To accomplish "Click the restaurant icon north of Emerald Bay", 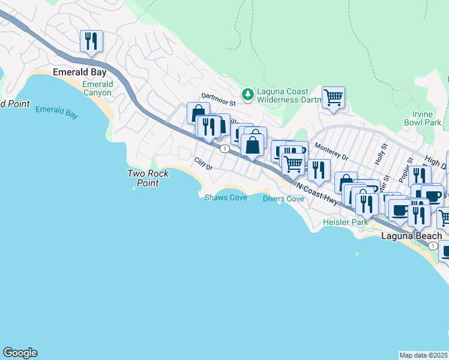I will pos(91,41).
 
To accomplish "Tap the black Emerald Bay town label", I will pos(75,72).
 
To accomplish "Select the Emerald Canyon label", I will pos(97,88).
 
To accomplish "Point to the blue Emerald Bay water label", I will pos(56,111).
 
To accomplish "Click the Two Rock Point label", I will pos(148,178).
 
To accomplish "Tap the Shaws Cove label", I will pos(226,197).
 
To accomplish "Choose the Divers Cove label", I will pos(283,199).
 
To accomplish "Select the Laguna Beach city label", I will pos(412,236).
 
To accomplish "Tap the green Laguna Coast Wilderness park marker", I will pos(247,94).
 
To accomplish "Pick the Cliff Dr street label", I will pos(203,163).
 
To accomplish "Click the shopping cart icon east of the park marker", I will pos(333,97).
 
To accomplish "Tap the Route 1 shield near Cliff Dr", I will pos(223,148).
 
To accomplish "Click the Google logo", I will pos(20,353).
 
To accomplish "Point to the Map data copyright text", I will pos(424,355).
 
